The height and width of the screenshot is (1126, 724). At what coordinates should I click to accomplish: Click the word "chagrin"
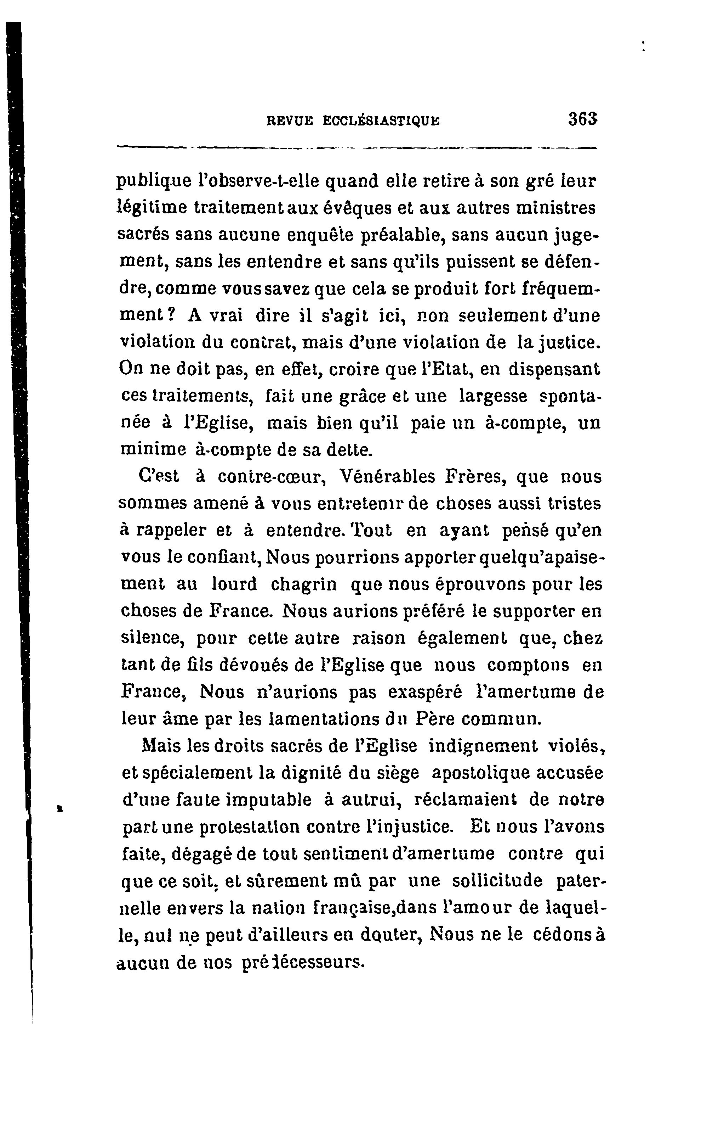click(304, 584)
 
